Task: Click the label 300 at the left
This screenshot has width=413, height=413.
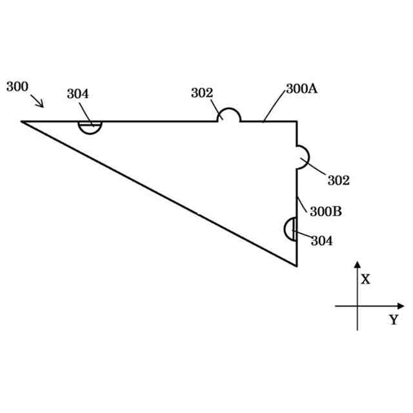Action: (17, 86)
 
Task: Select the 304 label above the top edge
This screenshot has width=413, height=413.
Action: (77, 94)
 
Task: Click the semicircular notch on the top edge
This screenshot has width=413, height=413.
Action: (90, 126)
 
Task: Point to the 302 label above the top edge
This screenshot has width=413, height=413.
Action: (201, 93)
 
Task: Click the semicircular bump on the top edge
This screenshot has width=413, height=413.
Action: (228, 115)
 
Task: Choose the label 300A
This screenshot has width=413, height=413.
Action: (301, 90)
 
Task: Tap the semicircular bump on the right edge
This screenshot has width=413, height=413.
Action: (303, 157)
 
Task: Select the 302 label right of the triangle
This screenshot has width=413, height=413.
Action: (338, 181)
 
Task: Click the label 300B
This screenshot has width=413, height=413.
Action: (326, 211)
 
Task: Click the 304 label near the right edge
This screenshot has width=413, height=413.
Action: (322, 241)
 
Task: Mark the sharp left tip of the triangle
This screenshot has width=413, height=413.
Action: (22, 121)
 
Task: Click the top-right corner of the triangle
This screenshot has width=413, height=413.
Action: (297, 121)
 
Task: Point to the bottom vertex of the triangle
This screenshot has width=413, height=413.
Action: (297, 266)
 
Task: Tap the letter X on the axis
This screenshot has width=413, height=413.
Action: (365, 279)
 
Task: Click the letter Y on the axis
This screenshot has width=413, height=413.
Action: (393, 320)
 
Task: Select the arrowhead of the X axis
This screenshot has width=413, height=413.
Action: (357, 265)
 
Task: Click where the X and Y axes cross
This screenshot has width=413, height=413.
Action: (357, 306)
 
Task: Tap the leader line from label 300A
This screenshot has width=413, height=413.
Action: (274, 105)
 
